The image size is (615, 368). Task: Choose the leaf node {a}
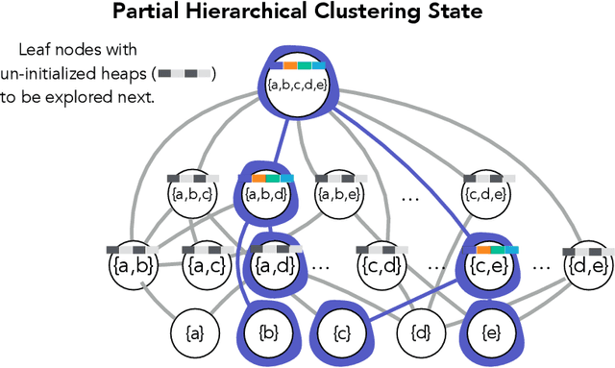194,333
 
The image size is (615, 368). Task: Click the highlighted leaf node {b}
268,333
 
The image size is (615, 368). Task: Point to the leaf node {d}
419,333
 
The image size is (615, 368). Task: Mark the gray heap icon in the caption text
186,73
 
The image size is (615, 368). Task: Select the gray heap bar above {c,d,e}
489,179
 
